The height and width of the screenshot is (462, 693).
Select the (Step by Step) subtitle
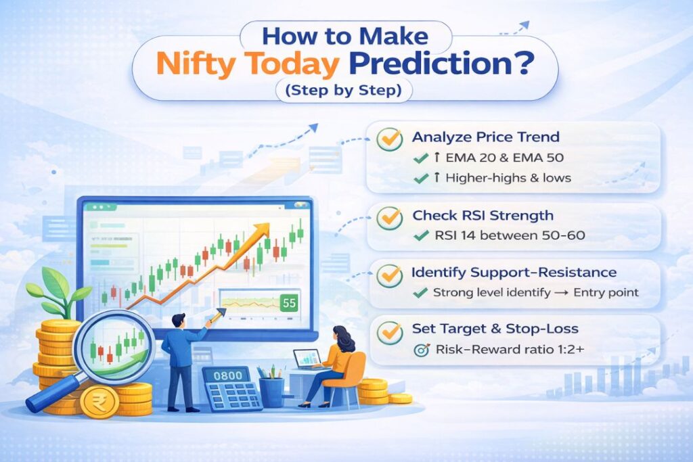pos(345,90)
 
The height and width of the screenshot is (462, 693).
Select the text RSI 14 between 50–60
pos(500,236)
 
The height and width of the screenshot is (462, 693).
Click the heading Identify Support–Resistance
pos(514,273)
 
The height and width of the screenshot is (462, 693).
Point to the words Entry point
pos(609,293)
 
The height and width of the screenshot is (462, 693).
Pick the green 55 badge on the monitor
pos(289,303)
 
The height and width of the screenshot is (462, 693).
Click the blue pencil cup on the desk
pos(271,392)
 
